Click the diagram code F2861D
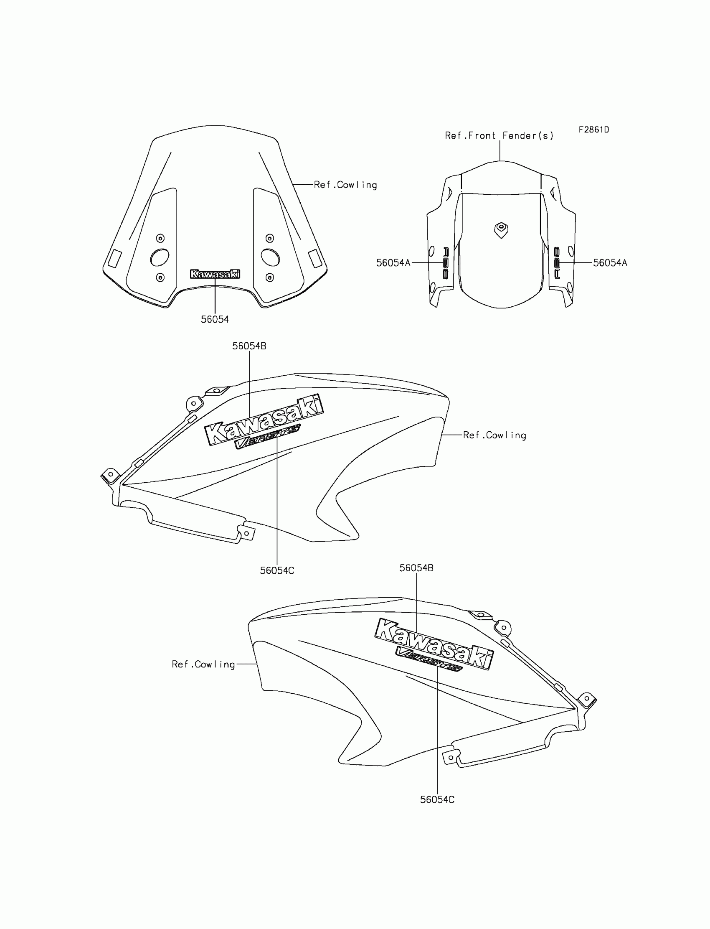click(594, 130)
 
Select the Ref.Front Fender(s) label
click(499, 136)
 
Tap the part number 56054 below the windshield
click(215, 320)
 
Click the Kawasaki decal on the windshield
click(215, 274)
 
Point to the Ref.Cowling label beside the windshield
click(345, 185)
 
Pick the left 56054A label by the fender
click(393, 263)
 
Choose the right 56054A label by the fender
click(610, 263)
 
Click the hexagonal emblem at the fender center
click(501, 229)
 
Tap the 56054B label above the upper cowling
click(249, 346)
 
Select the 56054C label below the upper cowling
click(277, 570)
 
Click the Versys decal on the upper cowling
click(267, 436)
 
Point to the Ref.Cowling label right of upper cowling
click(494, 435)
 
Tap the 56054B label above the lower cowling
click(416, 568)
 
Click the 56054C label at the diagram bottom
click(437, 799)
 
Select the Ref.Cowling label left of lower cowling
click(203, 664)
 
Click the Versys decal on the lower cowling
click(429, 659)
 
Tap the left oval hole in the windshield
click(160, 257)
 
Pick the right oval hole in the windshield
click(270, 257)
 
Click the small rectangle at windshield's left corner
click(114, 258)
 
